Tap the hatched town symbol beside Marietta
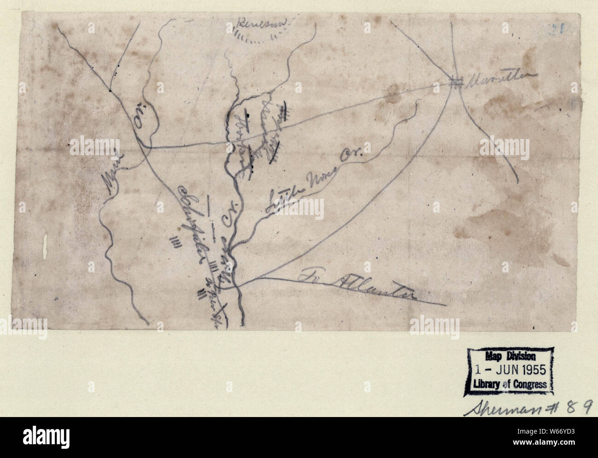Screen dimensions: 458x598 [x=455, y=83]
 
